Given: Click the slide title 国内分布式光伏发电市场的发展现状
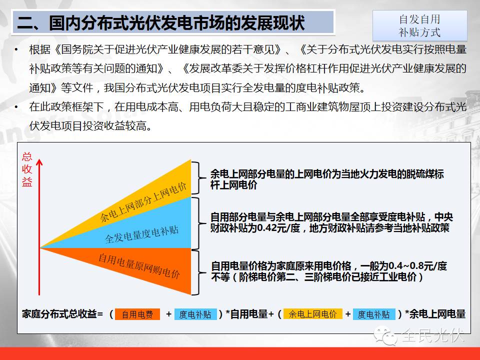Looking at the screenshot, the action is pos(161,23).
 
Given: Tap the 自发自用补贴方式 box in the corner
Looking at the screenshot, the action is pos(419,26).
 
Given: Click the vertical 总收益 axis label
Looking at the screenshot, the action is pos(27,169).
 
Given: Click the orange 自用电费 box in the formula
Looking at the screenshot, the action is pos(137,314).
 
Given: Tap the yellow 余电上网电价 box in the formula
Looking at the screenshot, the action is pos(312,314).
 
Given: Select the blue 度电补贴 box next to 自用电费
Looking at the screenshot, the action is pos(195,314).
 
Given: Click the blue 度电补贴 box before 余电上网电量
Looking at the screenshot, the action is pos(374,314).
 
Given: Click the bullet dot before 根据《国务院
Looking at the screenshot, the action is pos(17,49).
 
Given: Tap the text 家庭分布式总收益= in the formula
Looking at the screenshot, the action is pos(62,314).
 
